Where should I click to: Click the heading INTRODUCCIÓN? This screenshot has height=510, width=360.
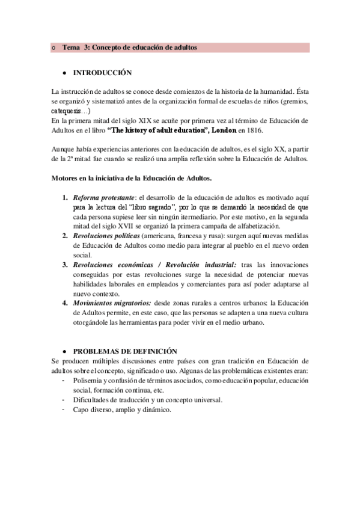point(102,73)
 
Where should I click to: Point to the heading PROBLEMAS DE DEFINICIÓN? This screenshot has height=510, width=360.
point(125,351)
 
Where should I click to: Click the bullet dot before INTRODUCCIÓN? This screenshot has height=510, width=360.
point(64,73)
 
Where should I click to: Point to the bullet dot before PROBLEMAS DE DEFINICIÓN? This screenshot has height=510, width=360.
point(64,351)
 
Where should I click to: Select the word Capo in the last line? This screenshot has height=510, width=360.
point(81,410)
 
